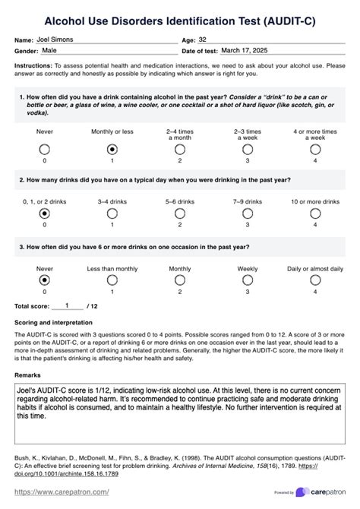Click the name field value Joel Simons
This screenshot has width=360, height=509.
(58, 38)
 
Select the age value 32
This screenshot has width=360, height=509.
(204, 38)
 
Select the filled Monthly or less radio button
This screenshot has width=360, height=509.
(112, 149)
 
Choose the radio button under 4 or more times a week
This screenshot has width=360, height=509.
(315, 149)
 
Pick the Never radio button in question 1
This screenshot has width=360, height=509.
(45, 149)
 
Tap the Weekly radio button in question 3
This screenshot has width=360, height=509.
(248, 280)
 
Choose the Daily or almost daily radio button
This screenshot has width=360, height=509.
(315, 280)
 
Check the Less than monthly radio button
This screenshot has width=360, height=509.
(112, 280)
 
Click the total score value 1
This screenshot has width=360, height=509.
(68, 305)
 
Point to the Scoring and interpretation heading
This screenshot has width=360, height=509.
(55, 322)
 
